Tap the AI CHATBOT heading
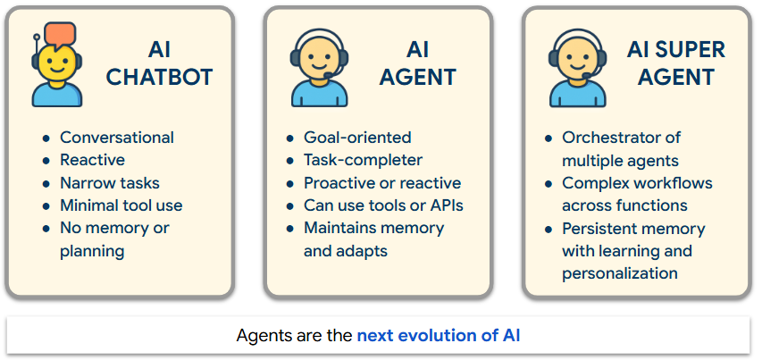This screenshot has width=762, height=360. (x=159, y=64)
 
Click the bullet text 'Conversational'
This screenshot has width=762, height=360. (x=117, y=138)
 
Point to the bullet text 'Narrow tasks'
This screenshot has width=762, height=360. (x=110, y=183)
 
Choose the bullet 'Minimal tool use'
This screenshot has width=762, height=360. (x=121, y=205)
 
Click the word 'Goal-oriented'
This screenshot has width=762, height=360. (x=357, y=138)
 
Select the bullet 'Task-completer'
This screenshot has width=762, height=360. (x=363, y=160)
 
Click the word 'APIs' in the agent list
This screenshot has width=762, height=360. (x=446, y=205)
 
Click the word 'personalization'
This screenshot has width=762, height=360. (x=620, y=273)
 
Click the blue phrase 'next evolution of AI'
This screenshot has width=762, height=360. (x=438, y=337)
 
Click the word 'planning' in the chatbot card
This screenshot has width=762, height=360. (x=92, y=251)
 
